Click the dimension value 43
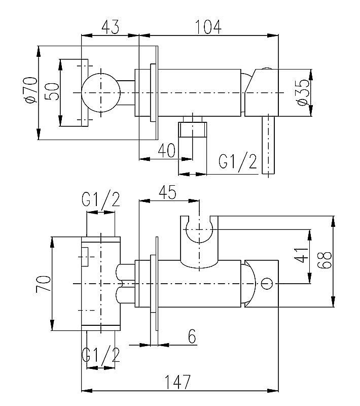point(110,26)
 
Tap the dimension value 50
point(52,92)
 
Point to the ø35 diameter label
point(301,93)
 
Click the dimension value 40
point(166,151)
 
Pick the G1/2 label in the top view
point(238,162)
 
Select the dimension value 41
point(302,252)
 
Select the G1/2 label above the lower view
point(101,200)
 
